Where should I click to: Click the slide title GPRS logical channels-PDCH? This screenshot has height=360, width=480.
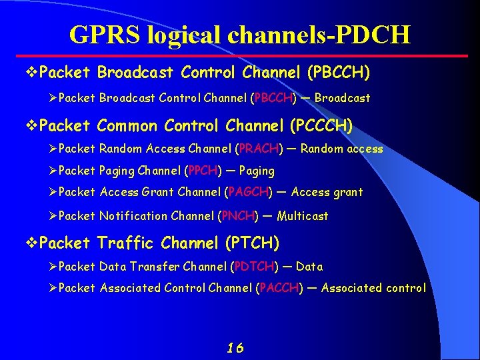tap(240, 34)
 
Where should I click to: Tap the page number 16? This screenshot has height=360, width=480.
tap(235, 347)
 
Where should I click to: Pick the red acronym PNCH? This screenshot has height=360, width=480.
tap(238, 215)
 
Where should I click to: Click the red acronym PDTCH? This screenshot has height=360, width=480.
tap(254, 267)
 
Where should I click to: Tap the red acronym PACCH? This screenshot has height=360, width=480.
tap(279, 288)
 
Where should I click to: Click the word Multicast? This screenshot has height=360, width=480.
tap(303, 215)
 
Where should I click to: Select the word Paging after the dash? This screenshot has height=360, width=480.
tap(256, 171)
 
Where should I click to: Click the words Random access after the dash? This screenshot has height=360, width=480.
tap(341, 149)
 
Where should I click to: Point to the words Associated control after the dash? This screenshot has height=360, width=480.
tap(373, 288)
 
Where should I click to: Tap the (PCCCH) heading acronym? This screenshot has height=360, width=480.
tap(321, 125)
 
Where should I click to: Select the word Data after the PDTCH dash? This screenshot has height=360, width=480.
tap(309, 267)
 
